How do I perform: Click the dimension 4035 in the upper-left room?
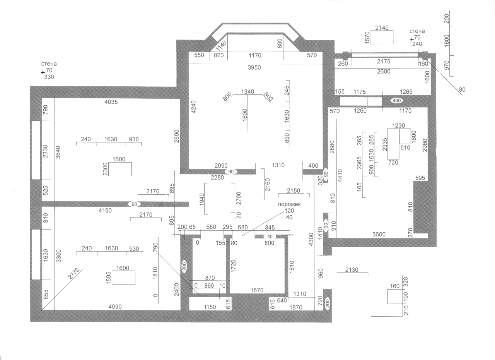tap(111, 102)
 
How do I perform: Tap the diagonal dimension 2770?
tap(73, 274)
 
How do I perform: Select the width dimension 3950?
tap(254, 67)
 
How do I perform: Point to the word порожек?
tap(289, 204)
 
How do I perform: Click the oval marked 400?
tap(397, 101)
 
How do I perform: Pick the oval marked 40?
tap(270, 237)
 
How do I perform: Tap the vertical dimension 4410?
tap(340, 176)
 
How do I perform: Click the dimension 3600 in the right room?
tap(379, 235)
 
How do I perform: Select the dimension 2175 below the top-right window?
tap(384, 61)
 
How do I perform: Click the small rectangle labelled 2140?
tap(382, 38)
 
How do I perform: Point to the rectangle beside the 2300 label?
tap(120, 169)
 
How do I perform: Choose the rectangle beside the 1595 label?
tap(123, 278)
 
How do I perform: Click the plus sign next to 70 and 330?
tap(43, 72)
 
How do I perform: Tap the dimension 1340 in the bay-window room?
tap(247, 91)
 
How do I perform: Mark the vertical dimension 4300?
tap(311, 239)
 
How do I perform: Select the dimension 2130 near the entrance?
tap(352, 270)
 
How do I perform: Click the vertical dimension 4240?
tap(193, 107)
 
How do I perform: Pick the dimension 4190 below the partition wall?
tap(105, 211)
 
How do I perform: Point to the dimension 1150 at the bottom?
tap(210, 307)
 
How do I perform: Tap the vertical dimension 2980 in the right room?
tap(425, 145)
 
